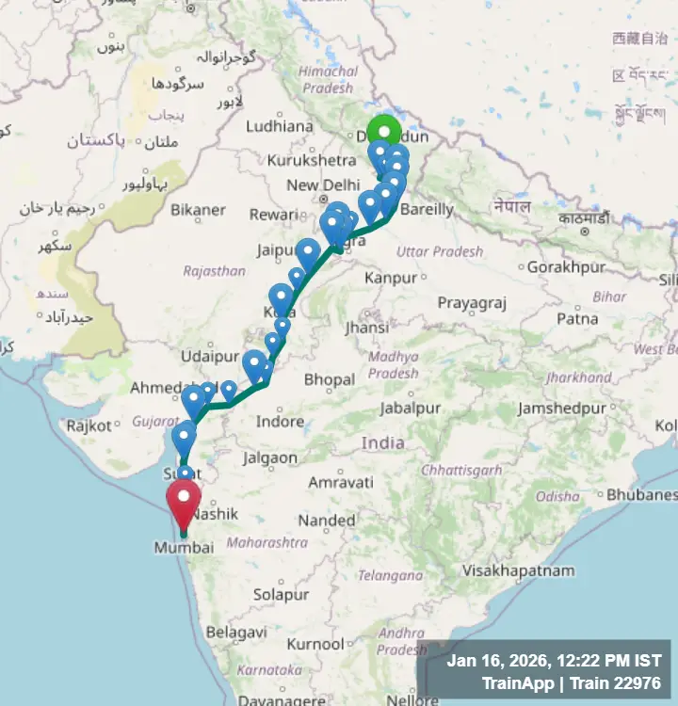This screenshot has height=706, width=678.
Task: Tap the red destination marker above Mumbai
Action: coord(183,499)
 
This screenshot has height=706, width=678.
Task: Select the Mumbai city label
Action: coord(183,548)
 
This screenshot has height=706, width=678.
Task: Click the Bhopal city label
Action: coord(330,380)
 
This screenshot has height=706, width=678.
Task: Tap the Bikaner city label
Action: coord(199,209)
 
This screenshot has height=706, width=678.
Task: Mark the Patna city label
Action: coord(577,319)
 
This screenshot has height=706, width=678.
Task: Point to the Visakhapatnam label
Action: coord(519,570)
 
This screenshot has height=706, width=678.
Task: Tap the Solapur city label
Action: coord(282,595)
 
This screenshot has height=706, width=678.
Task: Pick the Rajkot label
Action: coord(89,425)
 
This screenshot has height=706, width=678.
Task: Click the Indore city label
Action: coord(281,421)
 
